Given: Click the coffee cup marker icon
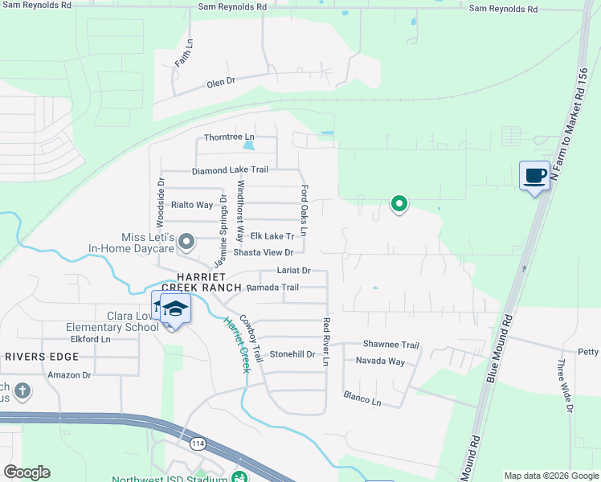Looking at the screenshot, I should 534,175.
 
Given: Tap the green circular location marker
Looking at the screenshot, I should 399,204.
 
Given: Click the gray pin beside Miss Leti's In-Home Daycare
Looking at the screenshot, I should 187,240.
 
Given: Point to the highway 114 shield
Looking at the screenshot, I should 198,443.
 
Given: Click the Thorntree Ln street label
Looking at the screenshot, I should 229,137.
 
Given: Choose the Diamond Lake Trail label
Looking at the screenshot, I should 230,171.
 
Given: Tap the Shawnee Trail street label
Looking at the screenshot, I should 391,345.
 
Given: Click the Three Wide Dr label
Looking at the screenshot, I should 565,386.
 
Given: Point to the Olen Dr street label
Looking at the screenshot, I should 220,82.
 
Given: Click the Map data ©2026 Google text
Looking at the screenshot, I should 550,476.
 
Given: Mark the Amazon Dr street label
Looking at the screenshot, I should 70,375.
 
